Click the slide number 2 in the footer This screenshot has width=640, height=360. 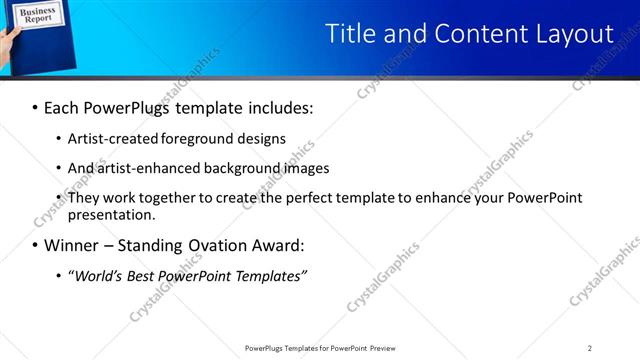coord(590,348)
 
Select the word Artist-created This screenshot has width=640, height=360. coord(104,138)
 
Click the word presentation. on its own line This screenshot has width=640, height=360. coord(112,214)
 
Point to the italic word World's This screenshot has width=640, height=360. coord(97,276)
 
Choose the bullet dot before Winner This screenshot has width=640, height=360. coord(35,246)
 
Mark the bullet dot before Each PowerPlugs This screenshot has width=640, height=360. coord(35,107)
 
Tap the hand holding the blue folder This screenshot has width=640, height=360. coord(8,45)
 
